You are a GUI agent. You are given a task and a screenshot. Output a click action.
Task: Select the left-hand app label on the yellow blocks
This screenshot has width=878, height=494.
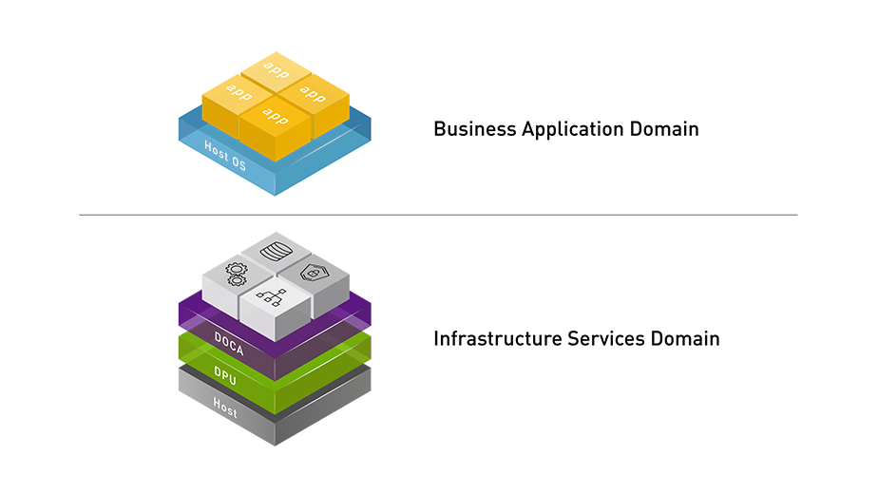point(239,91)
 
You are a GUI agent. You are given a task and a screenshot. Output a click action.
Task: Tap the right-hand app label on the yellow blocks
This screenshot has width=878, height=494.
point(313,92)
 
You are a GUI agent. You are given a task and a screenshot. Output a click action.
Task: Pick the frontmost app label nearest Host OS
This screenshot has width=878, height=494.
point(275,116)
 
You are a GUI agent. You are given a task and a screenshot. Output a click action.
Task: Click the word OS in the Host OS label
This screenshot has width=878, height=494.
point(239,164)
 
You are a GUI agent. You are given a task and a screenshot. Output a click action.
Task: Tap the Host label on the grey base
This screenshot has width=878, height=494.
point(225,408)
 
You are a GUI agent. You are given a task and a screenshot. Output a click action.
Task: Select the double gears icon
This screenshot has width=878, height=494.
point(235,274)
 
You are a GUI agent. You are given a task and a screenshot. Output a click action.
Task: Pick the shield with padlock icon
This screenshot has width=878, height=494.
point(312,274)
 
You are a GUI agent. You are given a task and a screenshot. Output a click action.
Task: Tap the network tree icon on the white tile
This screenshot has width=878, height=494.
point(273,297)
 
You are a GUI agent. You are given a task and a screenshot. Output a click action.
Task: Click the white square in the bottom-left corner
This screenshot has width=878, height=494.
point(109,413)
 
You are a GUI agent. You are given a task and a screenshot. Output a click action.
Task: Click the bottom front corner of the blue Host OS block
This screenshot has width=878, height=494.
point(276,200)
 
